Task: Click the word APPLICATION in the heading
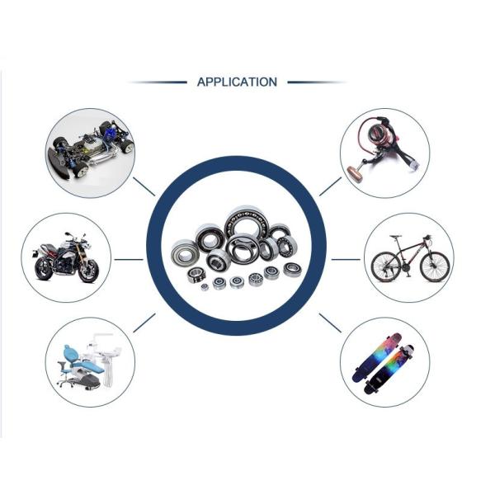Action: coord(237,82)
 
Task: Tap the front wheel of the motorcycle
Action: coord(88,271)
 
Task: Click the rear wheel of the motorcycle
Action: coord(43,269)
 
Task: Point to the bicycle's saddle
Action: coord(395,236)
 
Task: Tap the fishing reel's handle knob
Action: coord(355,172)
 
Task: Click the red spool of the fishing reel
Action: coord(378,130)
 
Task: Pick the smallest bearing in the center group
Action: coord(205,287)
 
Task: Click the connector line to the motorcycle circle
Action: coord(129,260)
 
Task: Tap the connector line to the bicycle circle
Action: coord(346,260)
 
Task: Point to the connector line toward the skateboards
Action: coord(330,323)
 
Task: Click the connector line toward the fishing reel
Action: coord(330,186)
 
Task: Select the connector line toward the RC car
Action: coord(144,186)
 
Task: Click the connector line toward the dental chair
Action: coord(144,323)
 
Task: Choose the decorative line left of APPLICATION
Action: coord(158,82)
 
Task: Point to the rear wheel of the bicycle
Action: coord(385,266)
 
